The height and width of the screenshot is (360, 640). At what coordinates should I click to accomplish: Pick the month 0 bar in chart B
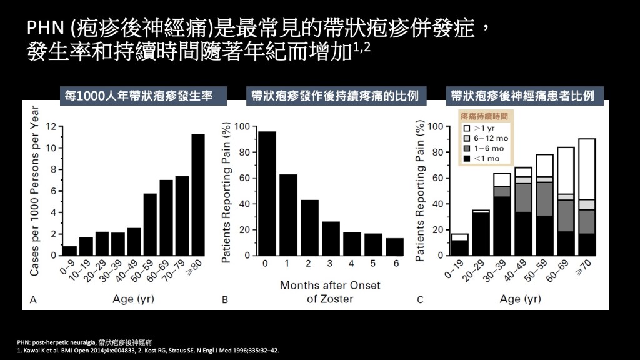point(267,194)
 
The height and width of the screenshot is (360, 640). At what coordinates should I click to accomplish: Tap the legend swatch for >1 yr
point(466,127)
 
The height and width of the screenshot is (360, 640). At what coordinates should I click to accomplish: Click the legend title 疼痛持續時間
point(484,116)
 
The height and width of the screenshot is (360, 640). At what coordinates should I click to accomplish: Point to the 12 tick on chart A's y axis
point(51,126)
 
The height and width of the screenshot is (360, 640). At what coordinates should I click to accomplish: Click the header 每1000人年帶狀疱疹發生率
point(139,96)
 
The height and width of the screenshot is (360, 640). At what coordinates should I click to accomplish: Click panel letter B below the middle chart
point(225,300)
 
